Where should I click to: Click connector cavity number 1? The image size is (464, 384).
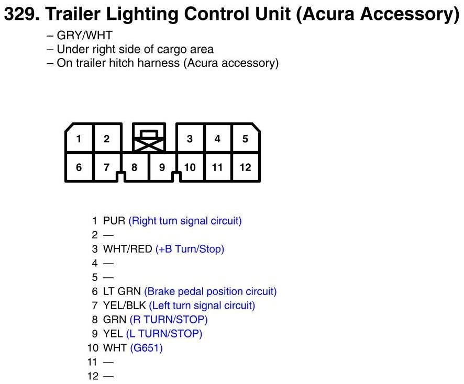(x=79, y=139)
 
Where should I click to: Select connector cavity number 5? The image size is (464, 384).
(x=245, y=139)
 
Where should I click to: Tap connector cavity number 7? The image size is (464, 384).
(x=106, y=167)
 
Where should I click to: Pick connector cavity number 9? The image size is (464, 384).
(x=162, y=167)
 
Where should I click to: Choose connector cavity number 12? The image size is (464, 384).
(x=245, y=167)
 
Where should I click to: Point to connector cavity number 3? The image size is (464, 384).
(x=190, y=139)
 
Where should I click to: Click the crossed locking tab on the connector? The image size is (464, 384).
(x=149, y=139)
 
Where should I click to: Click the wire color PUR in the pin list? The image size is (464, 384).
(x=114, y=221)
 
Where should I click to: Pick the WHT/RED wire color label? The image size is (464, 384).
(x=128, y=249)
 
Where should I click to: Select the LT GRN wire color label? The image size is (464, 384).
(x=122, y=291)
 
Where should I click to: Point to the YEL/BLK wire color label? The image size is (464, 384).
(x=125, y=306)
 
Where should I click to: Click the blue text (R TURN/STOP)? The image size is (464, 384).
(x=169, y=320)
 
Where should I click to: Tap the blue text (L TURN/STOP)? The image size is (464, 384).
(x=164, y=334)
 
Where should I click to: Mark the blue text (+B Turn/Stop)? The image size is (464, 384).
(x=190, y=249)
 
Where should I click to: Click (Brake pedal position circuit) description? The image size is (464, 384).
(x=210, y=291)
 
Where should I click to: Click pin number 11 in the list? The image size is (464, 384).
(x=93, y=362)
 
